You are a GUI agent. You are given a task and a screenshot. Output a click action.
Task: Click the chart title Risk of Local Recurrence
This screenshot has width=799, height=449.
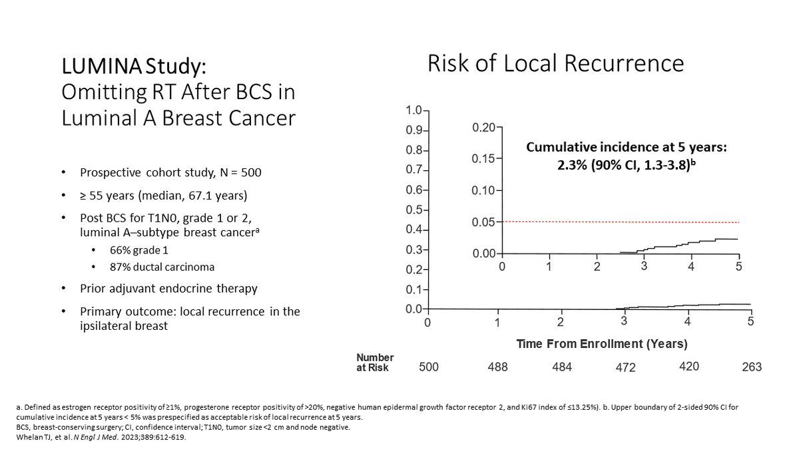(555, 63)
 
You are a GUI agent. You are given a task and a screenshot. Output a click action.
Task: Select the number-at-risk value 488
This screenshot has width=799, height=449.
(497, 367)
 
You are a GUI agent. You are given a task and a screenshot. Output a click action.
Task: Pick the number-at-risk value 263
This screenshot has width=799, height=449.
(751, 367)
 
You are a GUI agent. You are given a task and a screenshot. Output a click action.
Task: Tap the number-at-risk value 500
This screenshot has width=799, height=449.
(429, 367)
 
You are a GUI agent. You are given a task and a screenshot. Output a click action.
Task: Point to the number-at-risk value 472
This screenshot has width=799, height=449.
(625, 368)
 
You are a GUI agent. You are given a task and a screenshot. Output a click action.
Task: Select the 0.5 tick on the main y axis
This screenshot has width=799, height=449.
(413, 210)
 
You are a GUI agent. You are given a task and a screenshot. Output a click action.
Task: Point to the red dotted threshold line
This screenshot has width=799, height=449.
(619, 222)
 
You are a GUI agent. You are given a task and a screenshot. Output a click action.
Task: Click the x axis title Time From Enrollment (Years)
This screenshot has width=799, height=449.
(602, 344)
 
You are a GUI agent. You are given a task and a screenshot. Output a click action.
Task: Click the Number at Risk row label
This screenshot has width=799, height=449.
(375, 363)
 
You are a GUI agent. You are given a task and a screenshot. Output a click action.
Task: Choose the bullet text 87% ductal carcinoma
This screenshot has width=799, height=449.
(162, 267)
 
